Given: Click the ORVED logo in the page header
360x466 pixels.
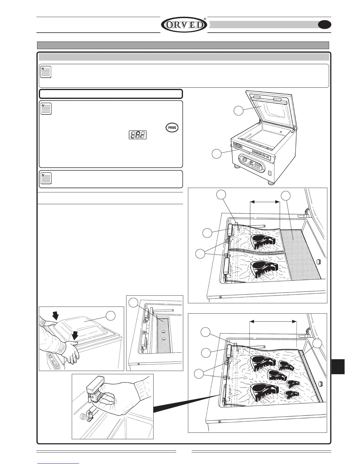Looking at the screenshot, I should pyautogui.click(x=184, y=25).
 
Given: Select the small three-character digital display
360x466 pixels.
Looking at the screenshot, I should pyautogui.click(x=138, y=135).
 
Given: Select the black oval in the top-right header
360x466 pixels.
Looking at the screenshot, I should pyautogui.click(x=325, y=25).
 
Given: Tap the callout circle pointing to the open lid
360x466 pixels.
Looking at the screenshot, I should pyautogui.click(x=239, y=111).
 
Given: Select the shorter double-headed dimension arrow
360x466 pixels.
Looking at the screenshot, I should pyautogui.click(x=264, y=202).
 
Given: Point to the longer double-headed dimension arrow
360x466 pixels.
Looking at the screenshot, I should pyautogui.click(x=273, y=322).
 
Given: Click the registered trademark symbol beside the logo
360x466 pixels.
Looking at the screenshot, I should pyautogui.click(x=205, y=19).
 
